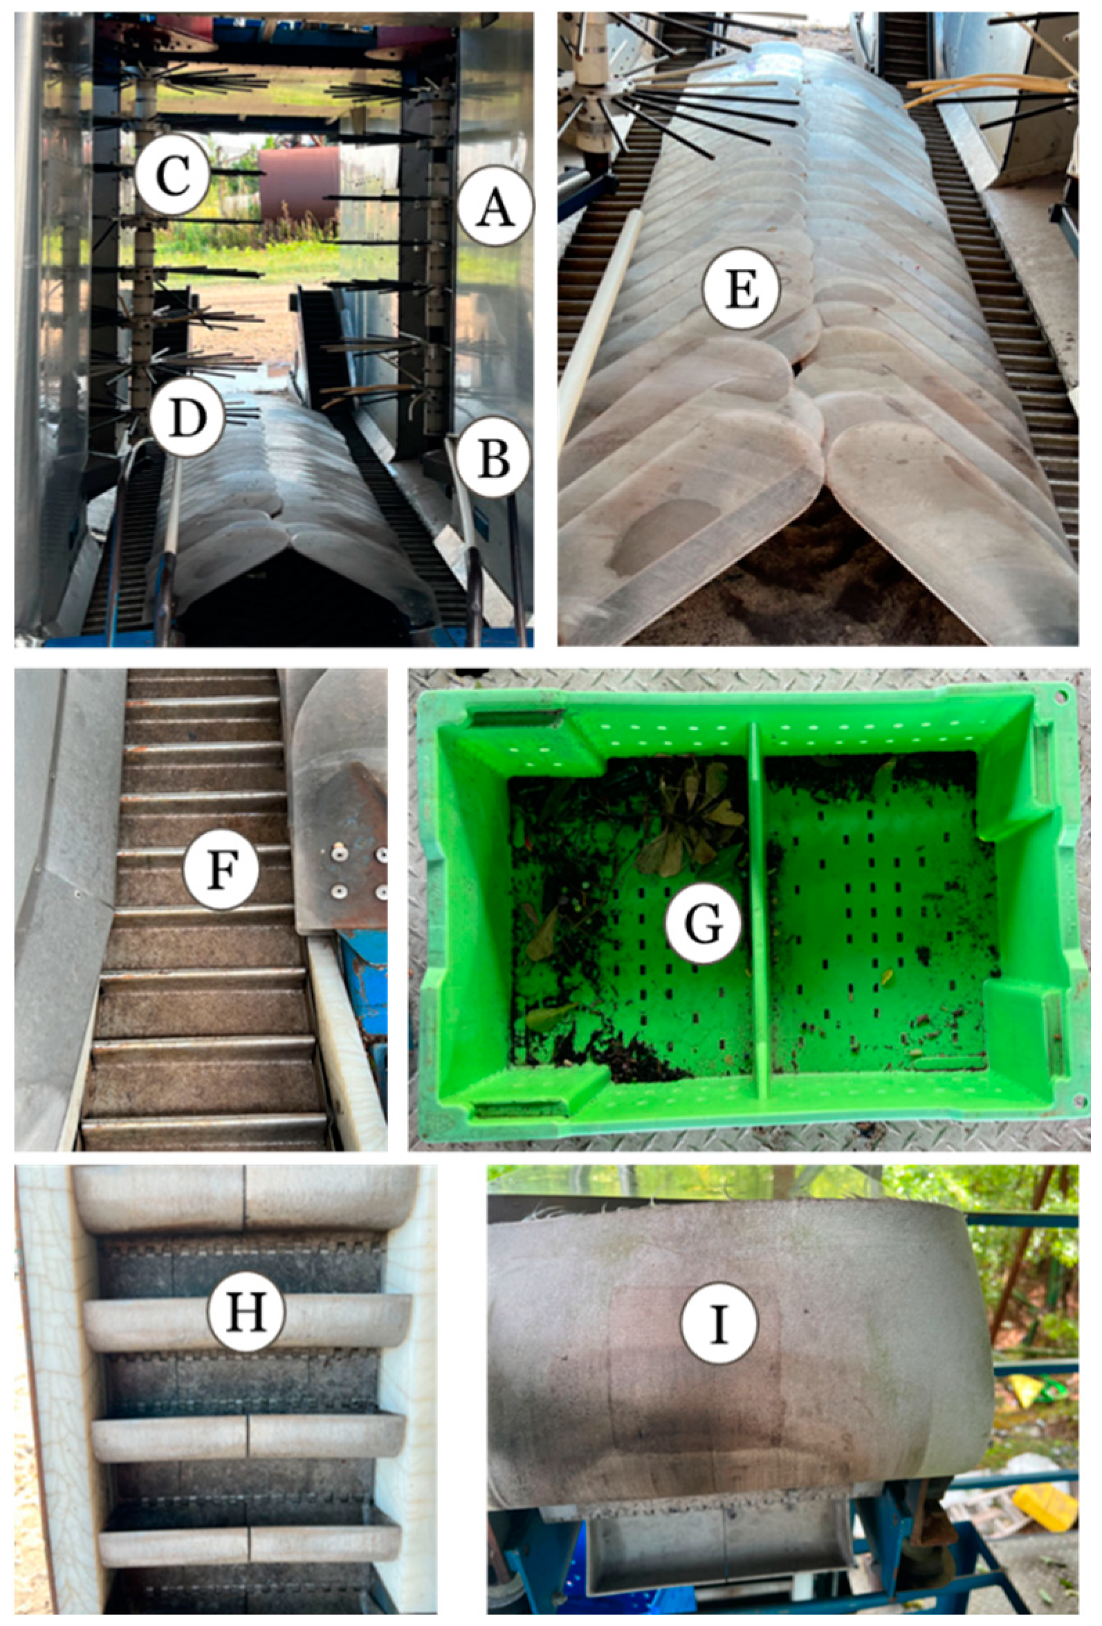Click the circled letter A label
[x=495, y=205]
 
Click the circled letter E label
[x=742, y=291]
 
